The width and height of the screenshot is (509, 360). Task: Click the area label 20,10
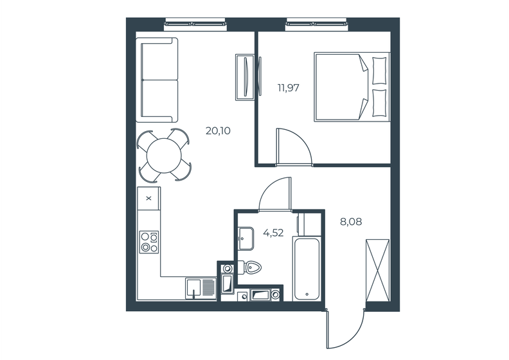click(218, 131)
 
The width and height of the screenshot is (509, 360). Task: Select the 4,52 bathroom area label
click(274, 233)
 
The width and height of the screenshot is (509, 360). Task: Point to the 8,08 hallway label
click(351, 222)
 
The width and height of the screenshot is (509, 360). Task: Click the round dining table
click(165, 154)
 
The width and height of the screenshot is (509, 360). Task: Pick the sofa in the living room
click(157, 80)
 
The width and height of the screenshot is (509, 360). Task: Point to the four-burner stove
click(149, 240)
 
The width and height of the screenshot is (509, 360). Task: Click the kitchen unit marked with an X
click(149, 198)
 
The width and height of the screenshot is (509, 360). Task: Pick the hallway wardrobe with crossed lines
click(377, 270)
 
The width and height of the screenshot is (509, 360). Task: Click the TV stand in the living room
click(245, 76)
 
